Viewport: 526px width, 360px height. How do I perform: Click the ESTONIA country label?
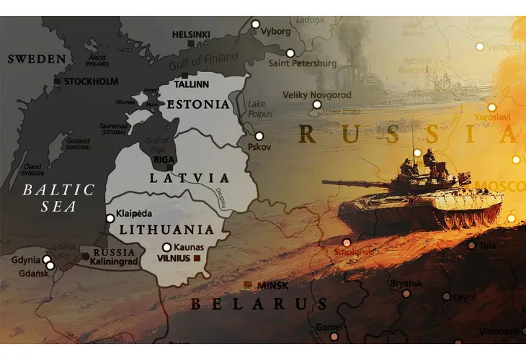pos(198,104)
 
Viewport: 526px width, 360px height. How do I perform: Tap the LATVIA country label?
pos(190,178)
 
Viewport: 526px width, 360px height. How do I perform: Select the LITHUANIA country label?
pos(166,230)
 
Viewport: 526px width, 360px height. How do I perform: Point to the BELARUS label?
pos(259,303)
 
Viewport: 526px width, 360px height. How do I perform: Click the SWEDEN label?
pos(36,59)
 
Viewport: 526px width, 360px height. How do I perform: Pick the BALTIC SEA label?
pos(58,199)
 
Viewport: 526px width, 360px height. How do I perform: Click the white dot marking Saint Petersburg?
pos(290,53)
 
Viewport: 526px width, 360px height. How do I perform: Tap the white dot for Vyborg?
pos(255,24)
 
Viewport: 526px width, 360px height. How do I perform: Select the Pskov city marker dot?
pos(259,136)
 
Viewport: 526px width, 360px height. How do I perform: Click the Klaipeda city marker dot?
pos(110,218)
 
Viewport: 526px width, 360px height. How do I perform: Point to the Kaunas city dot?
pos(166,247)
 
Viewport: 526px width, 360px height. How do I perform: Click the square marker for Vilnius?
pos(196,258)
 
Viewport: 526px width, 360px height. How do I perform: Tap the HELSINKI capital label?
pos(191,34)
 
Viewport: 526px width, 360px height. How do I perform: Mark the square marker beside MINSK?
pos(248,285)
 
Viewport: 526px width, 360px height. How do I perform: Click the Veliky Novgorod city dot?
pos(316,105)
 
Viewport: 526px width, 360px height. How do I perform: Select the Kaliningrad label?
pos(115,264)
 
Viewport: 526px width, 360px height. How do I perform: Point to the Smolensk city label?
pos(353,253)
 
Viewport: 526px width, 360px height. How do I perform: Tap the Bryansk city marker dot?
pos(406,293)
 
